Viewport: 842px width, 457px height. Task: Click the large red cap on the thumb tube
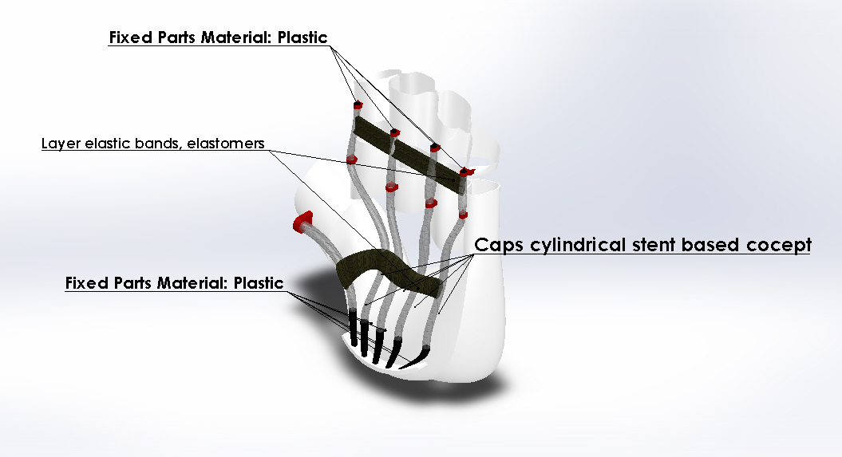coord(303,221)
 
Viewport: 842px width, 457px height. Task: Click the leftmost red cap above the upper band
coord(358,104)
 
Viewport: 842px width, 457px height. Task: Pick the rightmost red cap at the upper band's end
coord(466,171)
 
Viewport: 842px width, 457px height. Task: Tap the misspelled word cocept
coord(779,245)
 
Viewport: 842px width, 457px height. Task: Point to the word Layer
coord(57,144)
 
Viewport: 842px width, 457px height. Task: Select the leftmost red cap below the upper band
coord(351,160)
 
